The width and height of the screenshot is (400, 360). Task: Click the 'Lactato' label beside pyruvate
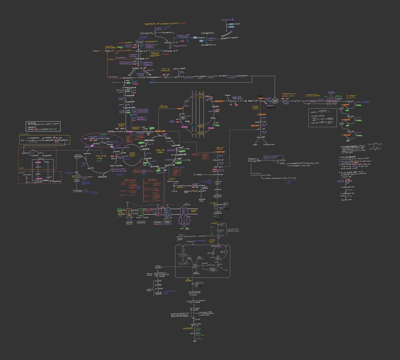[111, 132]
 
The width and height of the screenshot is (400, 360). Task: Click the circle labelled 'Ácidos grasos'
[275, 100]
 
